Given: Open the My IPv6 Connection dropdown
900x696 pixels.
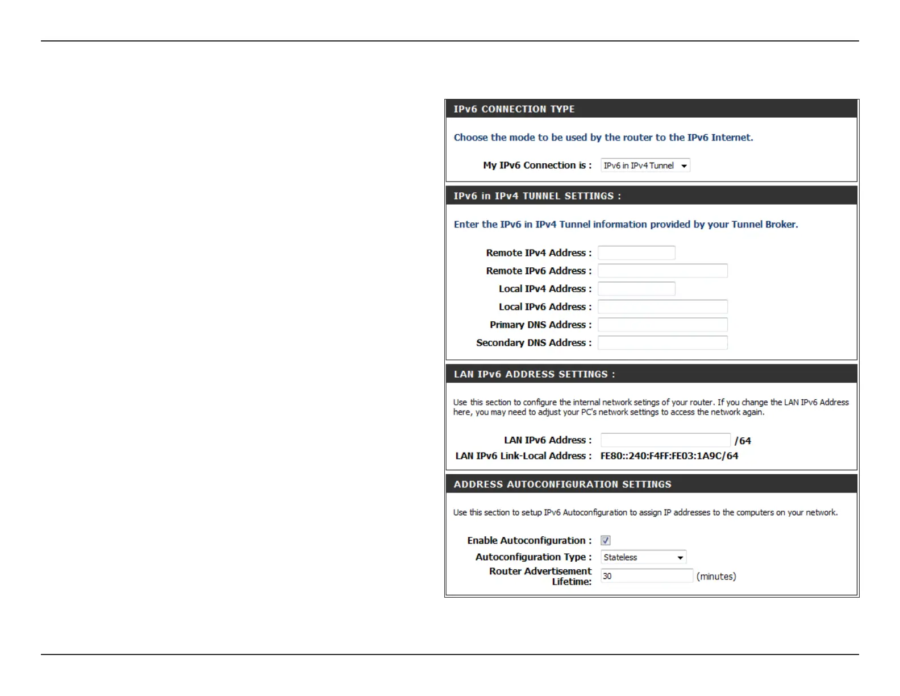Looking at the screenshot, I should click(x=645, y=165).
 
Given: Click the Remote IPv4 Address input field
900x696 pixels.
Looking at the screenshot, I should click(x=636, y=253).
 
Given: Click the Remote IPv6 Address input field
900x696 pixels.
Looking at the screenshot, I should click(x=663, y=271).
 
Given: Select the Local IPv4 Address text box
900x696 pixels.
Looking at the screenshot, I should click(x=636, y=289).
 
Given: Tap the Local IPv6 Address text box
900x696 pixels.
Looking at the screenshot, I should click(x=663, y=307).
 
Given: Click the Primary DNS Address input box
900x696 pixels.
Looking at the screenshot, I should click(x=663, y=325).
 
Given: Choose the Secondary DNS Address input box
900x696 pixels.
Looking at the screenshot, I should click(x=663, y=343).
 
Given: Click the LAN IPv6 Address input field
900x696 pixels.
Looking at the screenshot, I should click(x=665, y=440).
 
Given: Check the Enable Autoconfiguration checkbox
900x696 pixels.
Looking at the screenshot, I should click(x=606, y=540).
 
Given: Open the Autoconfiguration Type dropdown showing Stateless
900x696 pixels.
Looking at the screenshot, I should click(x=643, y=557).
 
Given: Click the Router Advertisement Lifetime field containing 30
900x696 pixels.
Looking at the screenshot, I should click(x=647, y=576).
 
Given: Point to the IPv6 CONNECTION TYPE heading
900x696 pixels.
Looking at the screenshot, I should click(x=514, y=109).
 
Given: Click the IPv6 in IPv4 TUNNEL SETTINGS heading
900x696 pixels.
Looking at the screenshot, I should click(x=537, y=196).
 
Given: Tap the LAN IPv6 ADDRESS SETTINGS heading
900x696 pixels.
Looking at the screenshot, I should click(x=534, y=374).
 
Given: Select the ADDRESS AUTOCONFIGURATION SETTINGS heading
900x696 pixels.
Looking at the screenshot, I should click(x=562, y=484).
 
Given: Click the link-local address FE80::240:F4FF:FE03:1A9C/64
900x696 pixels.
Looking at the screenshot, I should click(x=669, y=456).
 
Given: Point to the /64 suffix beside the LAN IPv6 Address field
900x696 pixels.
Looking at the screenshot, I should click(x=743, y=441).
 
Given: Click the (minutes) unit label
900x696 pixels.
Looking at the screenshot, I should click(x=716, y=577).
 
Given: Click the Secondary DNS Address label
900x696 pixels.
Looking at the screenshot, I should click(x=534, y=343).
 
